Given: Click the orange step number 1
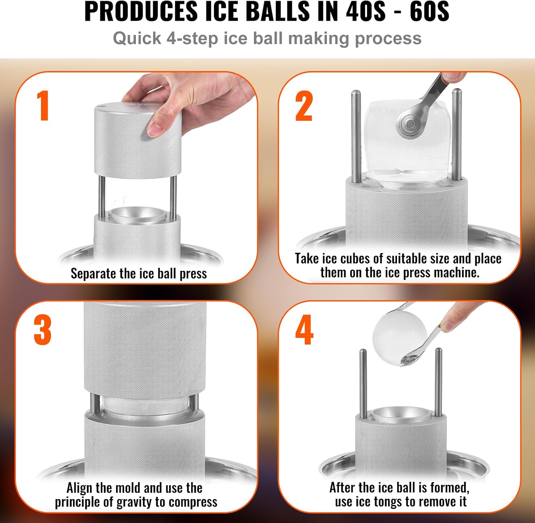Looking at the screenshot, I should pyautogui.click(x=43, y=106).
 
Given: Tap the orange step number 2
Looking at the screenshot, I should pyautogui.click(x=304, y=106).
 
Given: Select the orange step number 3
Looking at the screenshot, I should pyautogui.click(x=42, y=330).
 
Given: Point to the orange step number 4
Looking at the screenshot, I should pyautogui.click(x=304, y=330).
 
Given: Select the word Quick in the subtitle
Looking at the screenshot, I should pyautogui.click(x=137, y=39).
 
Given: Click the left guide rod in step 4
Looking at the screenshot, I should pyautogui.click(x=363, y=384).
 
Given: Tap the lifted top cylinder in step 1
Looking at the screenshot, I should pyautogui.click(x=137, y=141).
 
